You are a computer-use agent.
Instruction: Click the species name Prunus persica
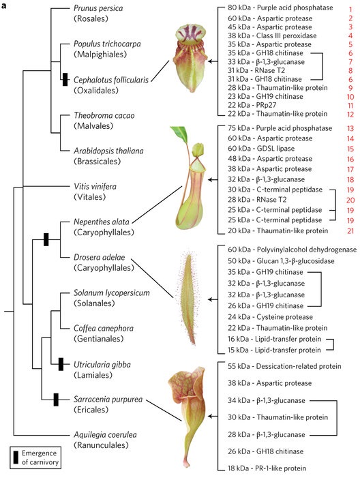pyautogui.click(x=98, y=8)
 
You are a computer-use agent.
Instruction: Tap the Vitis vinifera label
pyautogui.click(x=95, y=186)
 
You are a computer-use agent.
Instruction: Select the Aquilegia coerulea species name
pyautogui.click(x=105, y=435)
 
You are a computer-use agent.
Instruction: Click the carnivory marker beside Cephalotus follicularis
pyautogui.click(x=65, y=80)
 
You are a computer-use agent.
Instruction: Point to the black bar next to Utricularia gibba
pyautogui.click(x=61, y=364)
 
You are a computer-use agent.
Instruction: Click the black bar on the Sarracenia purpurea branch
pyautogui.click(x=56, y=400)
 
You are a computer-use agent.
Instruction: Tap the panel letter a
pyautogui.click(x=3, y=5)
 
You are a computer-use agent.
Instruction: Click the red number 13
pyautogui.click(x=350, y=128)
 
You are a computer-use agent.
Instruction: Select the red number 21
pyautogui.click(x=350, y=231)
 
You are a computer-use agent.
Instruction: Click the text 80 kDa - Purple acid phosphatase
pyautogui.click(x=280, y=7)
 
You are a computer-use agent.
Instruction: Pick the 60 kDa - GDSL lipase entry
pyautogui.click(x=261, y=149)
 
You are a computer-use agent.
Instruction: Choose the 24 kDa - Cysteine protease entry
pyautogui.click(x=270, y=317)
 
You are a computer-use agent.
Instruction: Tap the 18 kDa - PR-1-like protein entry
pyautogui.click(x=267, y=468)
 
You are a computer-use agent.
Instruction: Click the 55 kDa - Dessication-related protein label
pyautogui.click(x=284, y=366)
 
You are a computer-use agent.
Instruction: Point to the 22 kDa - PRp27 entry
pyautogui.click(x=252, y=105)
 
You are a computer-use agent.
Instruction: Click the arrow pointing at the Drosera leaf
pyautogui.click(x=213, y=299)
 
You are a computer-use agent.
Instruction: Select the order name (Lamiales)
pyautogui.click(x=93, y=375)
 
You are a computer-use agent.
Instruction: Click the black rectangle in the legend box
pyautogui.click(x=16, y=457)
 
